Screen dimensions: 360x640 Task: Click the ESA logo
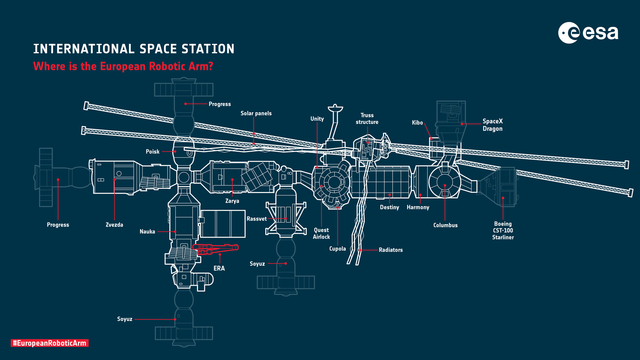pyautogui.click(x=588, y=33)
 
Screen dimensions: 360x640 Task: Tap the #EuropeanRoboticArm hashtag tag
pyautogui.click(x=49, y=343)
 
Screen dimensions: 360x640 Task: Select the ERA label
pyautogui.click(x=219, y=268)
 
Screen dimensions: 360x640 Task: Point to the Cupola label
pyautogui.click(x=337, y=249)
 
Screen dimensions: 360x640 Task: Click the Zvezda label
pyautogui.click(x=114, y=225)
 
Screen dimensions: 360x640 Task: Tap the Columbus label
pyautogui.click(x=445, y=225)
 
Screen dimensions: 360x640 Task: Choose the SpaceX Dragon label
pyautogui.click(x=492, y=125)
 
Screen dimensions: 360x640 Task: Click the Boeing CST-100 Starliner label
pyautogui.click(x=503, y=231)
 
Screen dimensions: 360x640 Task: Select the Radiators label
pyautogui.click(x=391, y=250)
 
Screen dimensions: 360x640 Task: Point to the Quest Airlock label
pyautogui.click(x=321, y=233)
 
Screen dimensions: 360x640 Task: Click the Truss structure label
pyautogui.click(x=367, y=119)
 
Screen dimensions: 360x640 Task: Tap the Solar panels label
pyautogui.click(x=256, y=113)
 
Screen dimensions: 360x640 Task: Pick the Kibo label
pyautogui.click(x=417, y=123)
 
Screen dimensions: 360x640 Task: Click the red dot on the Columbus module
pyautogui.click(x=445, y=185)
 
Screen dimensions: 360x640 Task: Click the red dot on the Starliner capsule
pyautogui.click(x=503, y=198)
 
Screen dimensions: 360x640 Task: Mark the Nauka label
pyautogui.click(x=147, y=232)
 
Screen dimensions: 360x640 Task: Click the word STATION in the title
pyautogui.click(x=208, y=49)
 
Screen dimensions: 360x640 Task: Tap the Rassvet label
pyautogui.click(x=256, y=219)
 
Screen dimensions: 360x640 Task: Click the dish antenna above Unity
pyautogui.click(x=335, y=109)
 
